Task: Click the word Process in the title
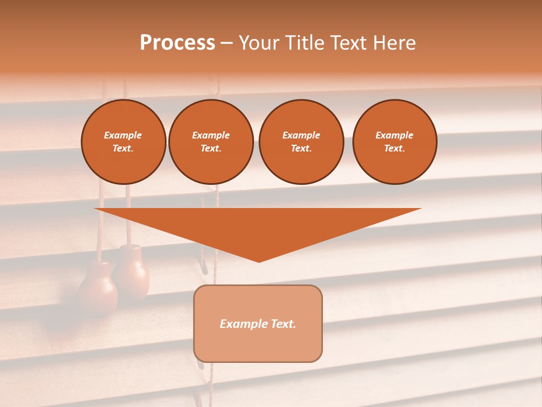coord(177,43)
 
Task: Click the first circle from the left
coord(124,142)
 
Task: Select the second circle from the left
coord(211,142)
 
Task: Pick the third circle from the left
coord(301,142)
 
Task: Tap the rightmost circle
coord(395,142)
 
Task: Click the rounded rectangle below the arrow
coord(258,323)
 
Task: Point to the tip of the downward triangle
coord(259,261)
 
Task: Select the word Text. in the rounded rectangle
coord(282,324)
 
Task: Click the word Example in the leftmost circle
coord(123,135)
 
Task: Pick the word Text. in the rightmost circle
coord(394,149)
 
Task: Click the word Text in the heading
coord(349,43)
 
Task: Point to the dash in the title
coord(226,44)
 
